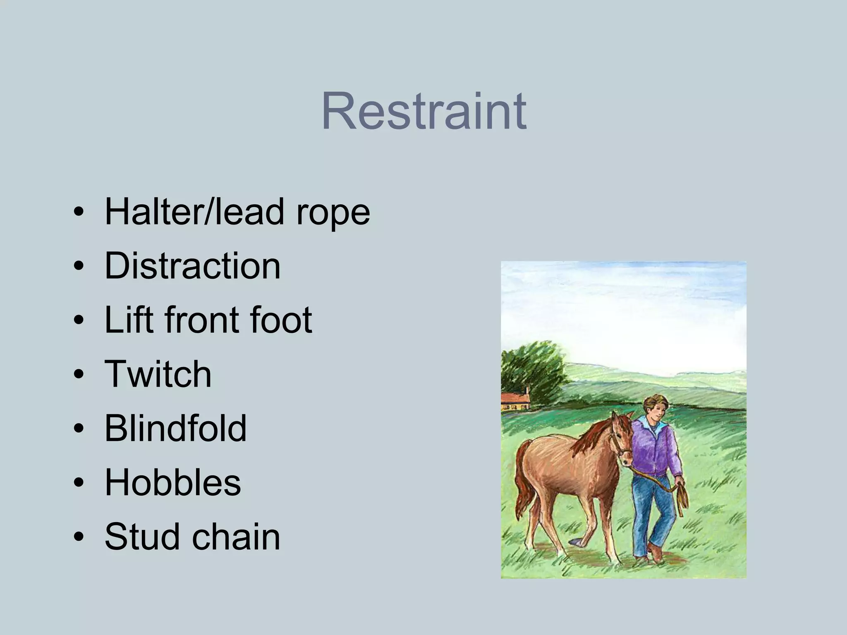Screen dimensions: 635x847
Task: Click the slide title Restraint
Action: pyautogui.click(x=423, y=112)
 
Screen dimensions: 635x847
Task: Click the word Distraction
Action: pyautogui.click(x=193, y=265)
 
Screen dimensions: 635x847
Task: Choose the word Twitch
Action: pyautogui.click(x=158, y=374)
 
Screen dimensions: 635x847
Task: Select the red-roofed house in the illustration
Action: pyautogui.click(x=515, y=401)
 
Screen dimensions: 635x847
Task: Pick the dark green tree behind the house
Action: pyautogui.click(x=534, y=368)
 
